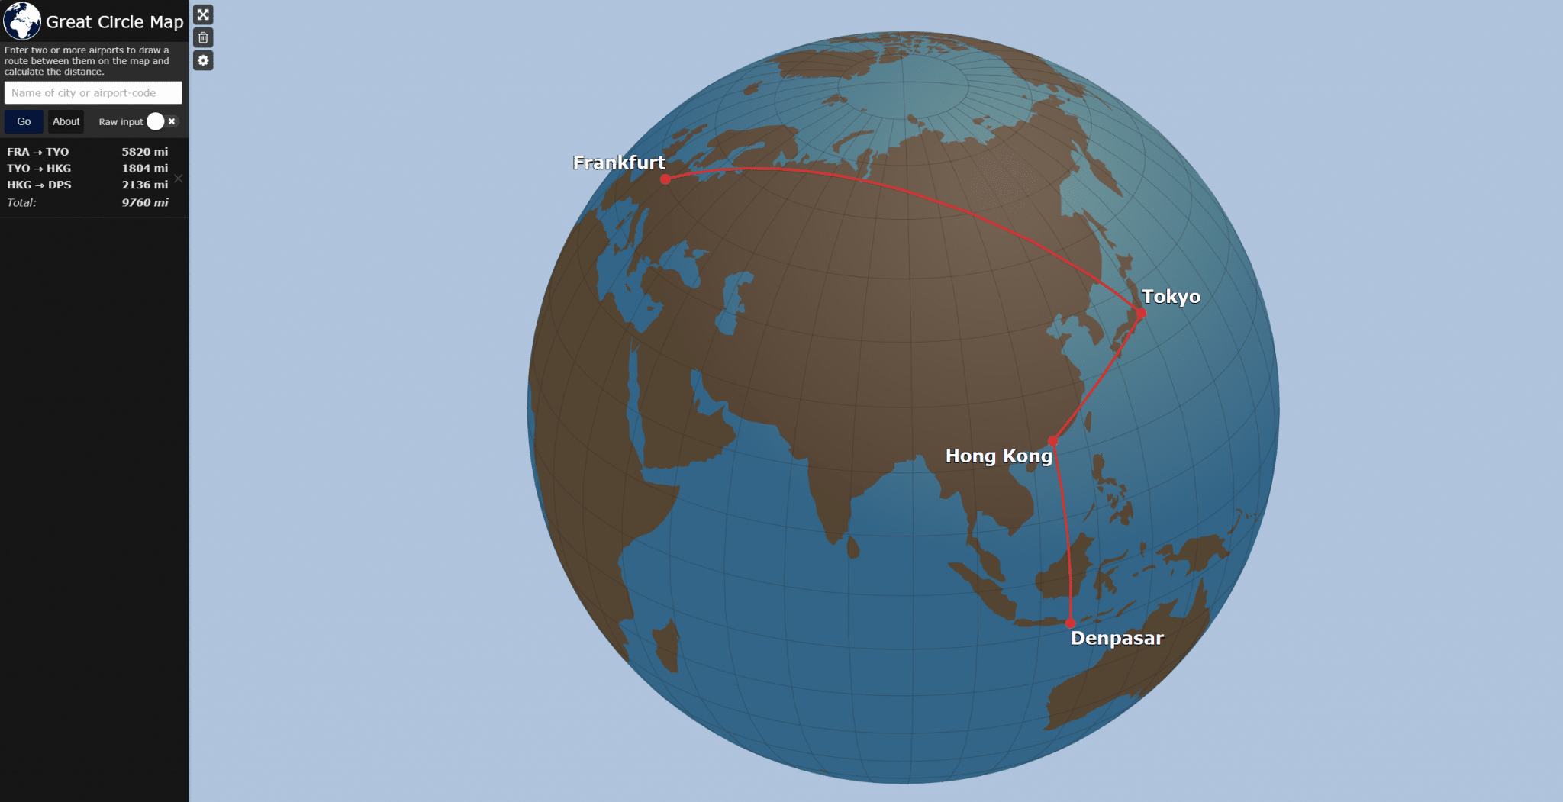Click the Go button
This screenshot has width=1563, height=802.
(x=24, y=121)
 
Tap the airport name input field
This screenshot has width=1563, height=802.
(x=93, y=93)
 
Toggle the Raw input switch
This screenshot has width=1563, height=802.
(x=162, y=121)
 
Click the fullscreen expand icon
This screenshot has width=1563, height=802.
(x=203, y=14)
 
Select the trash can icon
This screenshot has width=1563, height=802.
(x=203, y=37)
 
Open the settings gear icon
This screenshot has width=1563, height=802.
(x=203, y=60)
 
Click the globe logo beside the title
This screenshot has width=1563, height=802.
(x=22, y=21)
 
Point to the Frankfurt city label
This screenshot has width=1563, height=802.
(x=619, y=163)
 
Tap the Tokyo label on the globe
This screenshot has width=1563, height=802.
(x=1171, y=297)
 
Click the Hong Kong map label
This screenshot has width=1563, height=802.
(x=998, y=456)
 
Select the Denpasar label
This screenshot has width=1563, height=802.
(x=1117, y=639)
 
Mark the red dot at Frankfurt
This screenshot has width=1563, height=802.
(x=665, y=179)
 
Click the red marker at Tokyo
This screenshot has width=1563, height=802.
(x=1141, y=314)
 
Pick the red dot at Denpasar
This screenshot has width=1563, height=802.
(x=1071, y=623)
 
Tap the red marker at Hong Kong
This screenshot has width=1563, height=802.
(x=1053, y=441)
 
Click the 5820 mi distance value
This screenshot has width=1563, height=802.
(x=145, y=152)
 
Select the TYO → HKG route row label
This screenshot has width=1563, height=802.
(x=39, y=169)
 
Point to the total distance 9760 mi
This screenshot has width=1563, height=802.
(x=145, y=203)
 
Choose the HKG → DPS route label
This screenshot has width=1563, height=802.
(x=39, y=185)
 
